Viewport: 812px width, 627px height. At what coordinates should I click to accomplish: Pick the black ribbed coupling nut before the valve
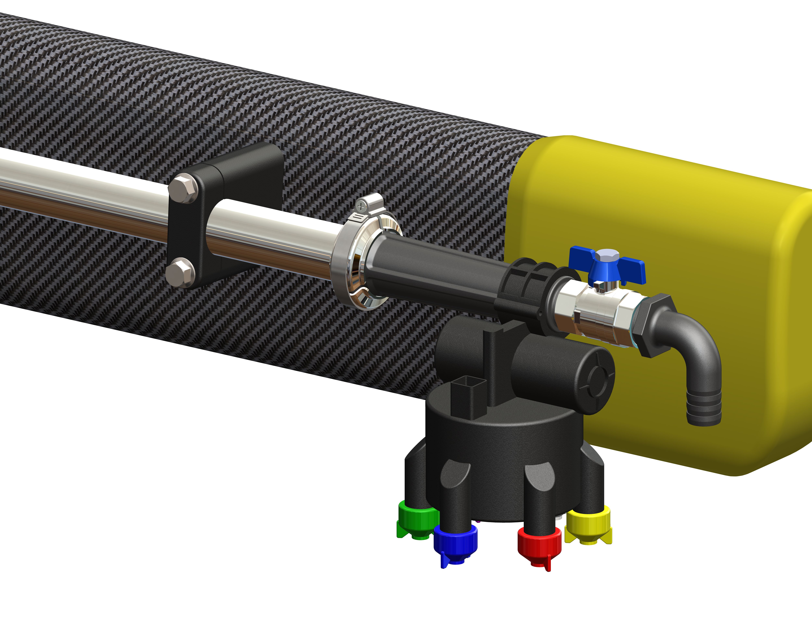pos(528,293)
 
